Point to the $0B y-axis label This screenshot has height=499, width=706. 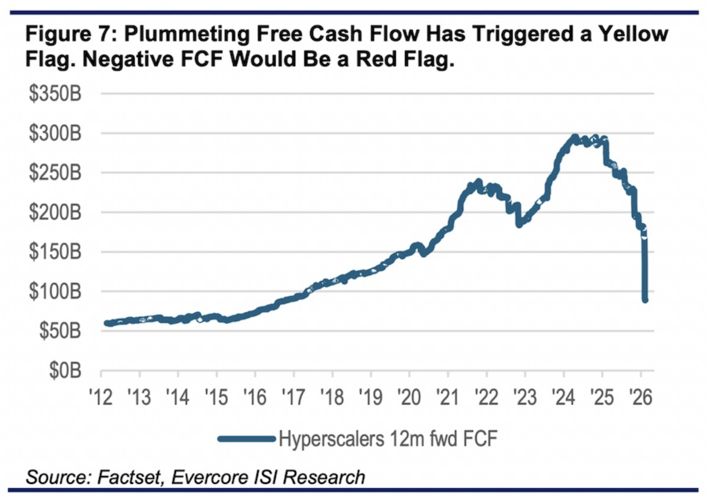(65, 371)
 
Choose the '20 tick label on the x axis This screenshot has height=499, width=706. (409, 397)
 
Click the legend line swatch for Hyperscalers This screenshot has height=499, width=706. (246, 439)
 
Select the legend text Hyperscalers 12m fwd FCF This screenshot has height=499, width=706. (388, 439)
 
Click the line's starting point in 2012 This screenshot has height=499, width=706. (107, 323)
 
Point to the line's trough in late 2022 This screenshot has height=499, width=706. (519, 225)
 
